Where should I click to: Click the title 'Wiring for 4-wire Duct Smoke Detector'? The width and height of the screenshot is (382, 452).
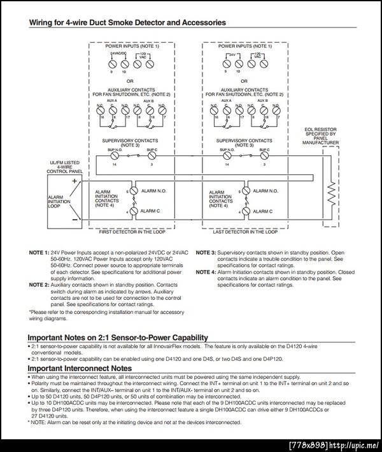pyautogui.click(x=127, y=22)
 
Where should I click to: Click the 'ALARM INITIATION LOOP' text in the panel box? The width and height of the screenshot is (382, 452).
pyautogui.click(x=56, y=202)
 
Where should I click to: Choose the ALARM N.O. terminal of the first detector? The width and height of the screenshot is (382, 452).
pyautogui.click(x=132, y=191)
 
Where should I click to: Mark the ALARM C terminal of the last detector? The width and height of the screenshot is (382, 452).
pyautogui.click(x=244, y=211)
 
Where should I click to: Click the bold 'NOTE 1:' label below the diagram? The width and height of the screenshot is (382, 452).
pyautogui.click(x=39, y=253)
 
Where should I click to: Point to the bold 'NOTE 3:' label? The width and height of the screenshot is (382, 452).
pyautogui.click(x=206, y=253)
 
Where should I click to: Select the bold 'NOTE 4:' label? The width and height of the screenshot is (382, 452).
pyautogui.click(x=206, y=272)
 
